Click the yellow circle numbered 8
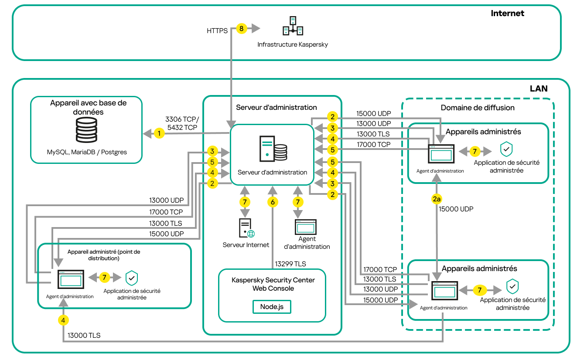tap(241, 29)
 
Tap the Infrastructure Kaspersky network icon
tap(293, 26)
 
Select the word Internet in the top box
tap(507, 13)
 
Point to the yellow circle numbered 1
tap(160, 133)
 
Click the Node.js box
tap(272, 306)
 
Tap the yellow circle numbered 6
tap(273, 202)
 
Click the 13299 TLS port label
tap(290, 264)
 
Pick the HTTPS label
tap(217, 31)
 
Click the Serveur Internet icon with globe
tap(246, 228)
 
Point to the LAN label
tap(539, 88)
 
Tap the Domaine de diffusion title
tap(478, 108)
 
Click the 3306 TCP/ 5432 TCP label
tap(181, 123)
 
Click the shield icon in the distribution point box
tap(132, 278)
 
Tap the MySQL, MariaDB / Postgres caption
tap(87, 153)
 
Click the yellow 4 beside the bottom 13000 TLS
tap(64, 320)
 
